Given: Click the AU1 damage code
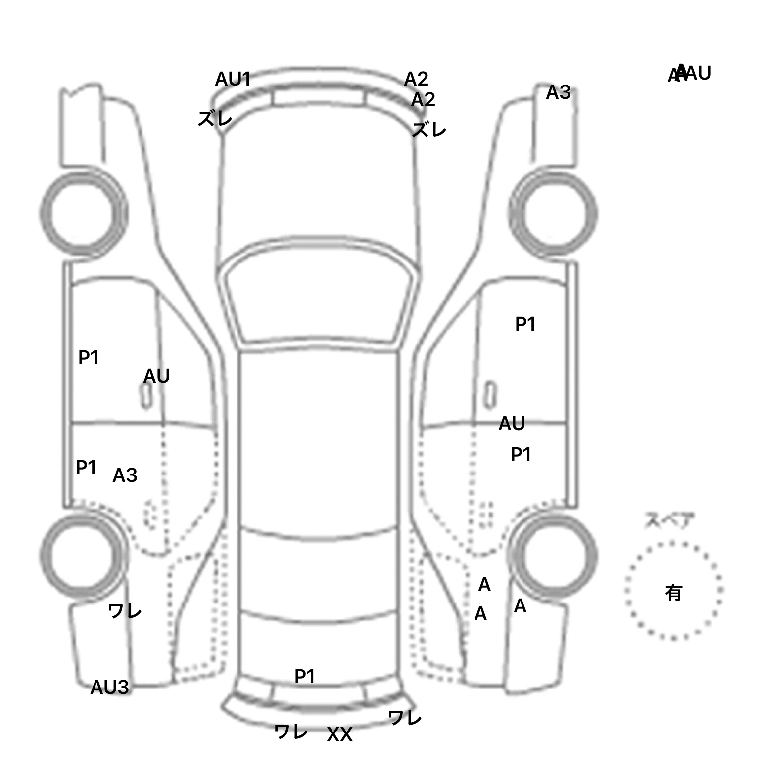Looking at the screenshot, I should (233, 79).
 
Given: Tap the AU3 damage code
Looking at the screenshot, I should (109, 687).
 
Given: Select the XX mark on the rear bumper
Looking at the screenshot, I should (339, 734).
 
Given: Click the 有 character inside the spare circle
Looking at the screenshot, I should (673, 592).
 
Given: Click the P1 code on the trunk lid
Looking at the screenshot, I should (304, 676).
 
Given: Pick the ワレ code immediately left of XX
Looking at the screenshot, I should (291, 732).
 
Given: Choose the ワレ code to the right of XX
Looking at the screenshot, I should (405, 717).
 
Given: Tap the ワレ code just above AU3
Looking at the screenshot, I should (125, 611).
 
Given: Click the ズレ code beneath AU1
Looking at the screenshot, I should (215, 119).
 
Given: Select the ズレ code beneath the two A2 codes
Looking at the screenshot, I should (429, 130).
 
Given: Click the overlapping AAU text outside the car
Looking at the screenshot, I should (689, 74).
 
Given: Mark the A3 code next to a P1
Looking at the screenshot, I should (125, 475).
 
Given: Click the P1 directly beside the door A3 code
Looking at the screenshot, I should (86, 467).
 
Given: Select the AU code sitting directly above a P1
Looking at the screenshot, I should (512, 424).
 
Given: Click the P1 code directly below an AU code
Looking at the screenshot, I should (521, 454).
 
